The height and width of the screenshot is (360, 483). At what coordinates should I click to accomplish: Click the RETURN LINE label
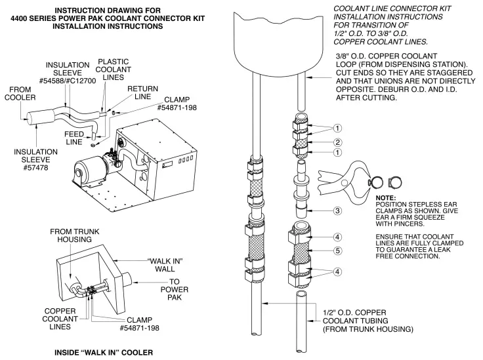click(142, 92)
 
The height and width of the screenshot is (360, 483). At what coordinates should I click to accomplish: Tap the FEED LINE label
click(74, 137)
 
